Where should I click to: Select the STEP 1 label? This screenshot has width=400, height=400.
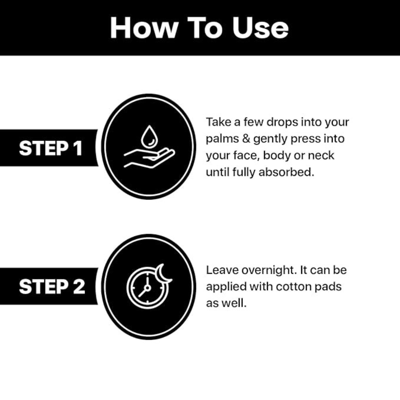pyautogui.click(x=51, y=148)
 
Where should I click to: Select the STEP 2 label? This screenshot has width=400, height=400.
pyautogui.click(x=52, y=287)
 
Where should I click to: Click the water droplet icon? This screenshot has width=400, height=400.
pyautogui.click(x=149, y=136)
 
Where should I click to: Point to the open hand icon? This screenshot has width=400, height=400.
pyautogui.click(x=149, y=158)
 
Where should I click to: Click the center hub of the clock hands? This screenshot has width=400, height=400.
pyautogui.click(x=147, y=288)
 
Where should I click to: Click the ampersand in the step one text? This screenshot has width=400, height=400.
pyautogui.click(x=246, y=139)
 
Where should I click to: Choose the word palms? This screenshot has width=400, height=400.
pyautogui.click(x=222, y=139)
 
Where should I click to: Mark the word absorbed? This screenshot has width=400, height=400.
pyautogui.click(x=286, y=172)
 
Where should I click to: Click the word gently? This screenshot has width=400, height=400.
pyautogui.click(x=270, y=139)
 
